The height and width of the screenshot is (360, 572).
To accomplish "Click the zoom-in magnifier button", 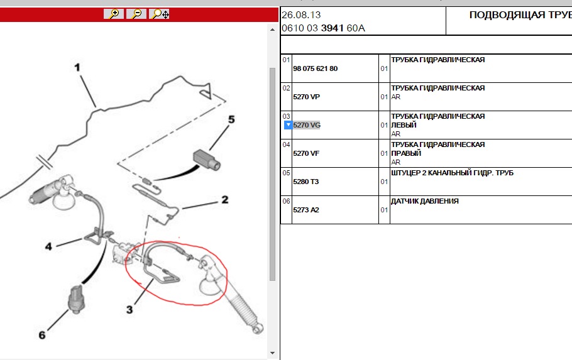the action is coord(114,14).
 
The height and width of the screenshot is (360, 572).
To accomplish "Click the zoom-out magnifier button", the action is coord(136,14).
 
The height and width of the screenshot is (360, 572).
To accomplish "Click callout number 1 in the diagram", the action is coord(77,67).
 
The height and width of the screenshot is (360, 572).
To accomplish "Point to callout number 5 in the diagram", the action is coord(231,119).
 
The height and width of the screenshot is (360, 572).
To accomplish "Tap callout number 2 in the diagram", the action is coord(225,200).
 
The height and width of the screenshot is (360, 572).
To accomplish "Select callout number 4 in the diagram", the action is coord(48,246).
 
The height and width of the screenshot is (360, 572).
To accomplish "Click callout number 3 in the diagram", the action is coord(129,310).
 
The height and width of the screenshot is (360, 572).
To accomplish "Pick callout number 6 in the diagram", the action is coord(42,335).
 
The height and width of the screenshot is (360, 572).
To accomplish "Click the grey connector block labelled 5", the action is coord(206,160).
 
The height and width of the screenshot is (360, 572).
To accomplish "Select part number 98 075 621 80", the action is coord(315,68).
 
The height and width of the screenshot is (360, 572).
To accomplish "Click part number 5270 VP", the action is coord(307,97).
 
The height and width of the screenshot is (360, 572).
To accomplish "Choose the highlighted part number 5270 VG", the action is coord(307,125).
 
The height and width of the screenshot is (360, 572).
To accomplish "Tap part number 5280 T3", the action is coord(305,182).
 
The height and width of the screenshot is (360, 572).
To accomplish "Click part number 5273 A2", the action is coord(306,210).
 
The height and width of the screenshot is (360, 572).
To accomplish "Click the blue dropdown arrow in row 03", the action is coord(288,125).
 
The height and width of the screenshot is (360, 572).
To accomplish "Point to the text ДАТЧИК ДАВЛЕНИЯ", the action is coord(425,201).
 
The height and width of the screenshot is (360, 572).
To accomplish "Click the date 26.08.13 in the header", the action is coord(301,15).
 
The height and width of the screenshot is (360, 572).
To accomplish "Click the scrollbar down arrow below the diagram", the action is coord(272,353).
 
